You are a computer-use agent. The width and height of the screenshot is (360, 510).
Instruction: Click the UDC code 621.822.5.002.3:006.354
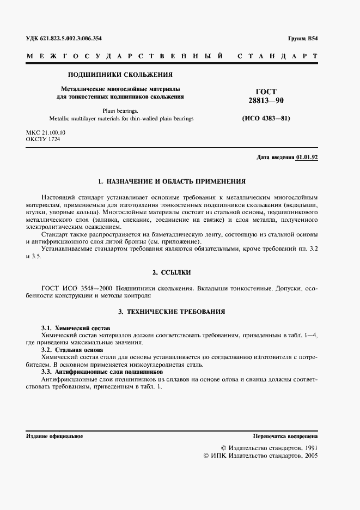(64, 38)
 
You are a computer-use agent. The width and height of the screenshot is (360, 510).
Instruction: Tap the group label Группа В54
(302, 38)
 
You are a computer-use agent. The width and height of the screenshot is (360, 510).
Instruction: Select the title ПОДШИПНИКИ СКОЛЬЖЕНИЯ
(120, 74)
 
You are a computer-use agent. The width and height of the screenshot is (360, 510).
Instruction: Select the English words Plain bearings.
(120, 110)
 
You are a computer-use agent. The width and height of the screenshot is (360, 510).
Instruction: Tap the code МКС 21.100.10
(46, 132)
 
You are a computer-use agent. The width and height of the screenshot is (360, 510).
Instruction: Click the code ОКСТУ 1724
(43, 139)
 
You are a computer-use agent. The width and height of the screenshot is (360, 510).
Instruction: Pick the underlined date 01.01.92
(307, 157)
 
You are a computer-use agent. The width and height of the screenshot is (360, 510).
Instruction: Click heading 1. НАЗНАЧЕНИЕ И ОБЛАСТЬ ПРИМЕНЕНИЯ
(172, 180)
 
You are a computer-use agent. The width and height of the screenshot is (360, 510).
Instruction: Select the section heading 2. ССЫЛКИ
(172, 271)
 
